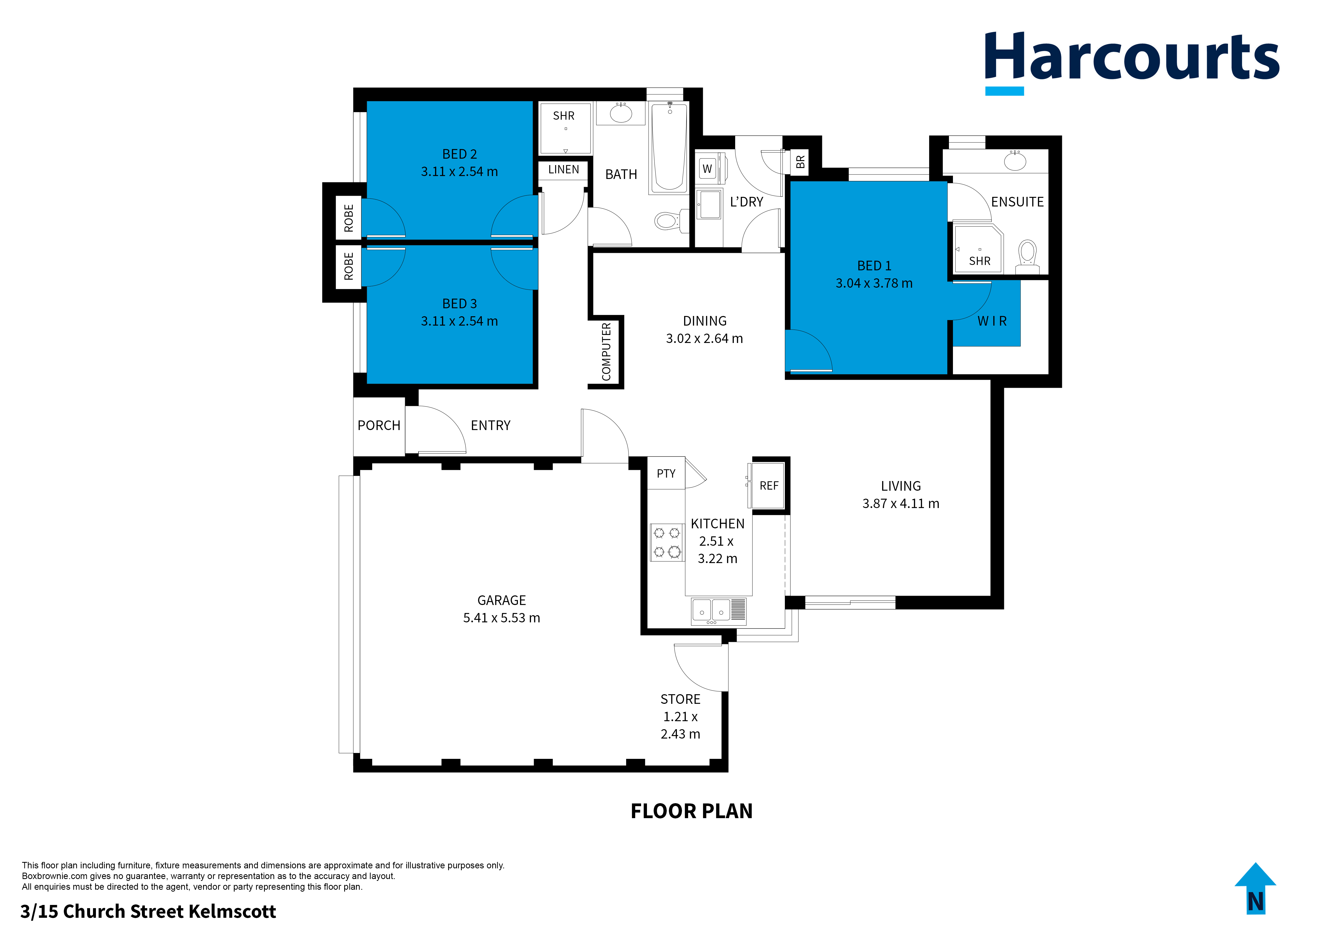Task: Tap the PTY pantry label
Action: click(666, 473)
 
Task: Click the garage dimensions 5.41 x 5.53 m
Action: click(501, 618)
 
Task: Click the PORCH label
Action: click(379, 425)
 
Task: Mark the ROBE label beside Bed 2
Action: click(348, 218)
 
